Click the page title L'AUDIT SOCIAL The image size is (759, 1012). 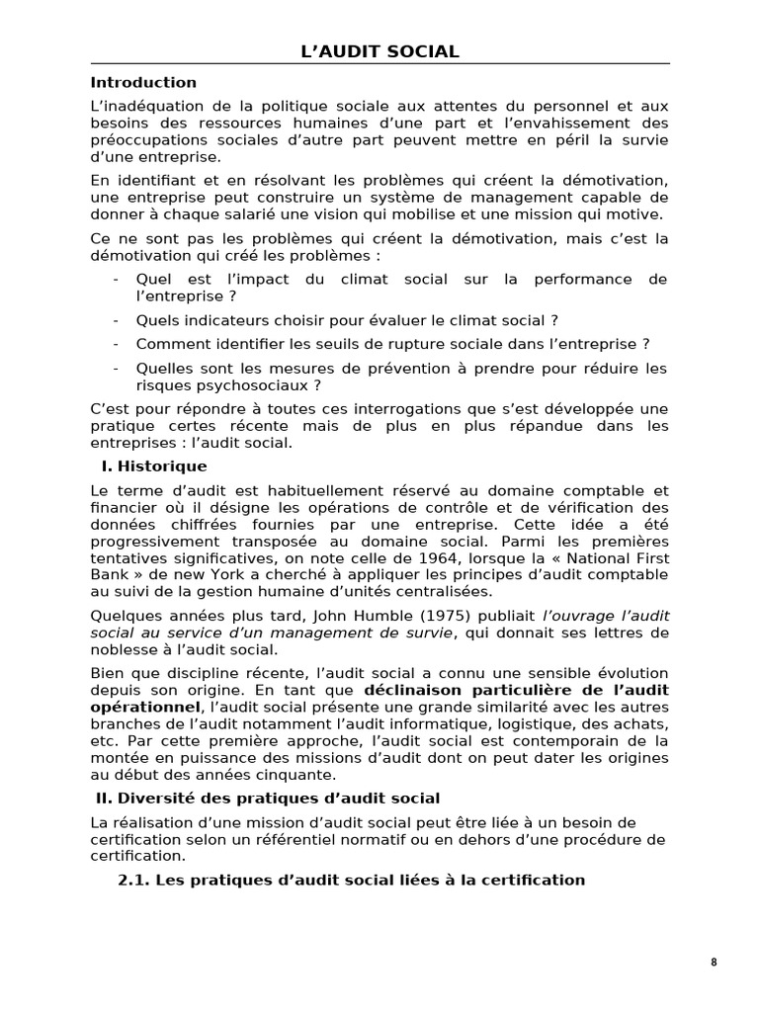click(379, 51)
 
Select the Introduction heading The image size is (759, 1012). click(143, 82)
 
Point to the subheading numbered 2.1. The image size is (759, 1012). click(351, 880)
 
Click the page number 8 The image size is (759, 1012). click(714, 964)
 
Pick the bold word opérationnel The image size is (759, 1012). click(144, 707)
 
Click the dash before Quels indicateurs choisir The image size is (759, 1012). click(117, 320)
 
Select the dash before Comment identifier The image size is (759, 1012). click(117, 344)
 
